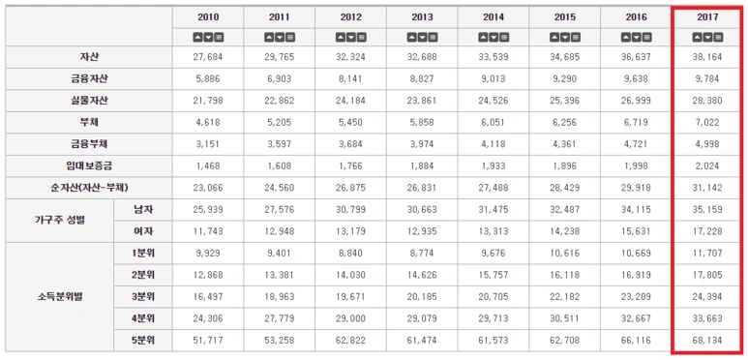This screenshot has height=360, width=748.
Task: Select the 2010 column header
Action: pos(208,17)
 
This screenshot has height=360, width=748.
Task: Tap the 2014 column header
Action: pos(494,17)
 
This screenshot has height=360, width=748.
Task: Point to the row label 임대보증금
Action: pos(89,165)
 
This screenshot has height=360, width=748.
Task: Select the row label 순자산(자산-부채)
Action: pos(89,187)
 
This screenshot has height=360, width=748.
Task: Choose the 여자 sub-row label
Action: pos(143,230)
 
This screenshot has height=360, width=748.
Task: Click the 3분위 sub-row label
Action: pos(143,295)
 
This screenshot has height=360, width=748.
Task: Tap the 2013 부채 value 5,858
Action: pos(423,122)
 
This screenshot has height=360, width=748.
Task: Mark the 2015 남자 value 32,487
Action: pos(566,209)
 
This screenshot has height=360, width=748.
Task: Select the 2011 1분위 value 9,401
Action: pos(280,253)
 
